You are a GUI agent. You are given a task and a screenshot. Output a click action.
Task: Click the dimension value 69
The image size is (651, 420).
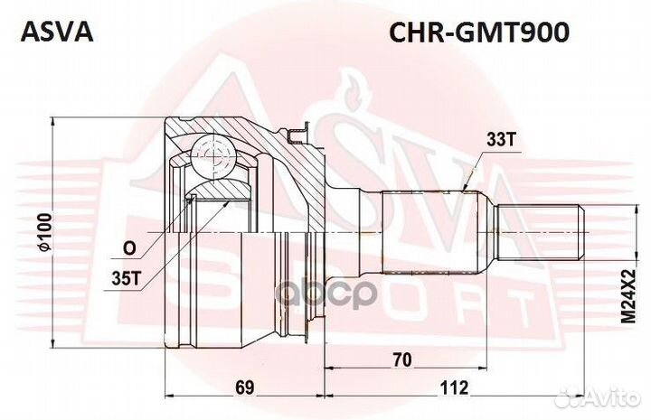(x=243, y=388)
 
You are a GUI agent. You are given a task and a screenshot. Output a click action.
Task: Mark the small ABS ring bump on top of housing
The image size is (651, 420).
(x=296, y=135)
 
